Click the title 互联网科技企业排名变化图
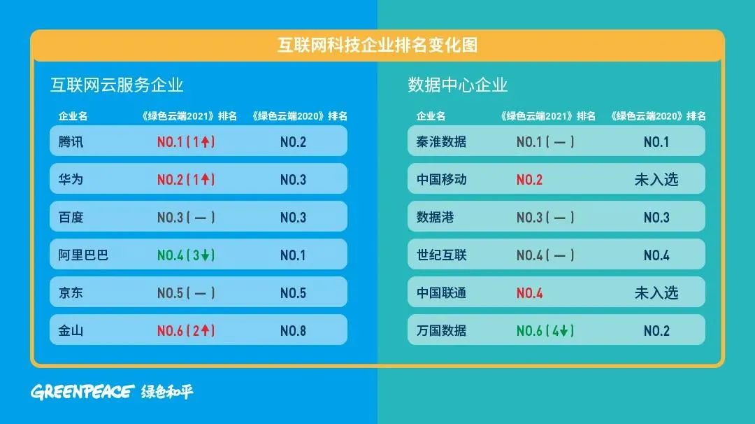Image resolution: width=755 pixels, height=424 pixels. coord(377,45)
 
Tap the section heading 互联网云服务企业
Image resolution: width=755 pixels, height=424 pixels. coord(117,85)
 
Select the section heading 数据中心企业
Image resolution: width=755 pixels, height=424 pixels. coord(457,85)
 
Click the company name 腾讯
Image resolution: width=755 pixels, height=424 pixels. coord(71,141)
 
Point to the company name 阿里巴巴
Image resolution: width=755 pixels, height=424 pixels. coord(83,255)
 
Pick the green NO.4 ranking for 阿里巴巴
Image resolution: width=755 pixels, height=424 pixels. coord(171,255)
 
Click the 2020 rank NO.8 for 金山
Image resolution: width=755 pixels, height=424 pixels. coord(293,330)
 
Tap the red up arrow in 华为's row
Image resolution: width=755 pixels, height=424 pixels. coord(205,179)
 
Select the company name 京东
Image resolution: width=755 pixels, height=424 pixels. coord(71,292)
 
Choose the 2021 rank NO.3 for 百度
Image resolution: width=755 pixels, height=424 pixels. coord(171,218)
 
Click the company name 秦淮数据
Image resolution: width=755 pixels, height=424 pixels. coord(441,141)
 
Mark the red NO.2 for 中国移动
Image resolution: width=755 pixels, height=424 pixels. coord(529,180)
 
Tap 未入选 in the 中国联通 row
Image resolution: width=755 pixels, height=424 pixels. coord(656,292)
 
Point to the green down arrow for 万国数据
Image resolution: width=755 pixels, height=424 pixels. coord(564,330)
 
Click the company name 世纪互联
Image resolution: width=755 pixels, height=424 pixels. coord(441,255)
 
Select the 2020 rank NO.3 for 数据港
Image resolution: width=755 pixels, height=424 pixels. coord(656,218)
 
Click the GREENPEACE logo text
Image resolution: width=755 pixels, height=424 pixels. coord(82,392)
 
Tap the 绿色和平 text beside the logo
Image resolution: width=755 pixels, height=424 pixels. coord(167,392)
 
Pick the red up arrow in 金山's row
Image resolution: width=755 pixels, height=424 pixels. coord(205,330)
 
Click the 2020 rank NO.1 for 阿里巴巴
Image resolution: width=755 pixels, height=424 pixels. coord(293,255)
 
